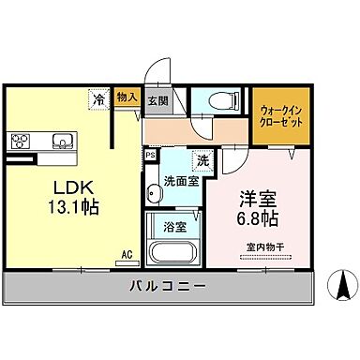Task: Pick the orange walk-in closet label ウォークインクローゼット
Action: coord(278,116)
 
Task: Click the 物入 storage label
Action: coord(127,97)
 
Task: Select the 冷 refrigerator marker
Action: coord(98,97)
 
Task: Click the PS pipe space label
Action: coord(150,155)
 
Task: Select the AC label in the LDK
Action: coord(126,253)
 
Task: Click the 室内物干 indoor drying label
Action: coord(265,247)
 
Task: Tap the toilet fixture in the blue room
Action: coord(217,100)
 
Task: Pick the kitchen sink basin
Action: coord(62,142)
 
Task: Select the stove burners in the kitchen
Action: coord(21,142)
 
